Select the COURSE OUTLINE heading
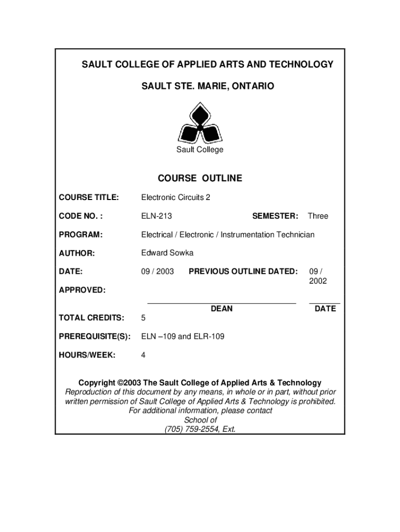pos(200,179)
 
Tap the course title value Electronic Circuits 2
pos(176,197)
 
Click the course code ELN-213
pos(156,216)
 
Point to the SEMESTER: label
pos(275,216)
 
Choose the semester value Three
pos(318,216)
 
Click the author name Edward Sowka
pos(167,253)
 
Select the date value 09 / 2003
pos(157,271)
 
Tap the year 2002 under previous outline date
pos(318,281)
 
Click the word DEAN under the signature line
pos(222,309)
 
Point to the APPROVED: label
pos(82,290)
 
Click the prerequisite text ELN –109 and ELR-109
pos(183,337)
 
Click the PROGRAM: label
pos(81,235)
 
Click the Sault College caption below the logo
pos(199,150)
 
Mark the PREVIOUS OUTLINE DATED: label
pos(243,271)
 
